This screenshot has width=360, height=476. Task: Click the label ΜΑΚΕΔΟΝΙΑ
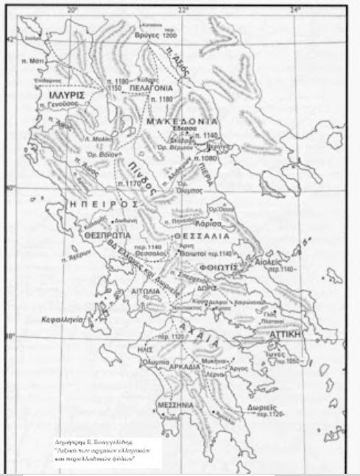tap(183, 120)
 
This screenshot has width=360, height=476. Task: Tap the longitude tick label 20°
tap(72, 10)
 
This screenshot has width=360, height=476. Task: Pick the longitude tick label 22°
tap(183, 10)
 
